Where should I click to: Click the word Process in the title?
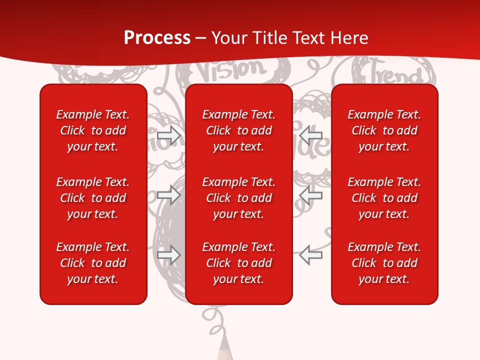click(157, 38)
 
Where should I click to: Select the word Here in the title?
click(348, 38)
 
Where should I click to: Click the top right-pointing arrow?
click(169, 135)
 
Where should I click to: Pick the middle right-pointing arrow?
click(169, 194)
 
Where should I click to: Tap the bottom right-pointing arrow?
click(169, 254)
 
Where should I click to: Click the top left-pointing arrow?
click(311, 135)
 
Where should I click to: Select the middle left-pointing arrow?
click(311, 194)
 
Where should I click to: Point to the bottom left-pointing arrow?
click(311, 254)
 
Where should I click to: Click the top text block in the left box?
click(93, 130)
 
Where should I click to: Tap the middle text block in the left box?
click(93, 198)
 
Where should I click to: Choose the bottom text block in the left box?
click(93, 263)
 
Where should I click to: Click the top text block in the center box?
click(239, 130)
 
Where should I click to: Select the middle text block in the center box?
click(239, 198)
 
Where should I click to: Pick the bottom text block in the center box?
click(239, 263)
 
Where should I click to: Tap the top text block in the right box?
click(384, 130)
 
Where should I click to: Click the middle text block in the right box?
click(384, 198)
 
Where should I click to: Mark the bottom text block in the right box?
click(384, 263)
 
